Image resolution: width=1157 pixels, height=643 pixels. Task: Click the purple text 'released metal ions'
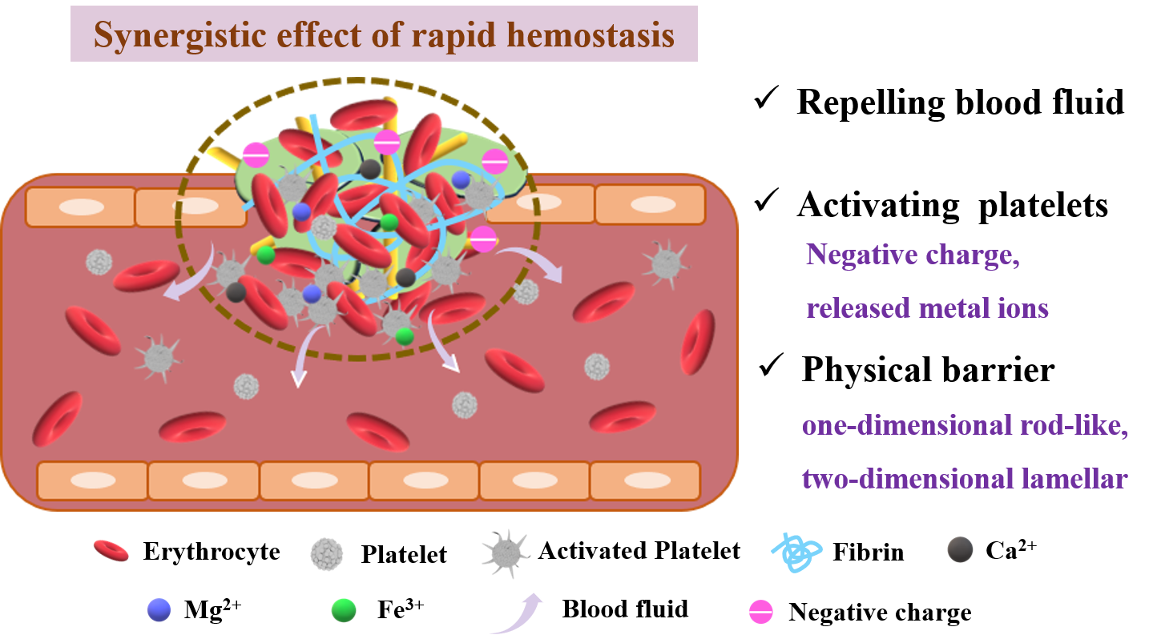pos(927,308)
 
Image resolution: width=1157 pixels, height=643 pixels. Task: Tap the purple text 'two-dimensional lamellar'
pos(965,478)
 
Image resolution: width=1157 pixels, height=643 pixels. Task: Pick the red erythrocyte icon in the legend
pos(111,551)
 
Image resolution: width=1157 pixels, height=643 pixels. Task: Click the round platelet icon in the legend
pos(326,554)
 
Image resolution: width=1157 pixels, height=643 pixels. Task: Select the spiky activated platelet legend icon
pos(506,553)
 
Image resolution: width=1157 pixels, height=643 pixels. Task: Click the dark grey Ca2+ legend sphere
pos(960,549)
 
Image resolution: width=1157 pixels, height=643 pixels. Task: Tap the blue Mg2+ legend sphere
pos(159,609)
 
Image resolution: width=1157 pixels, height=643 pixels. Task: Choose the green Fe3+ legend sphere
pos(344,610)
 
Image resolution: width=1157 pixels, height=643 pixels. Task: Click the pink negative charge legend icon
pos(761,613)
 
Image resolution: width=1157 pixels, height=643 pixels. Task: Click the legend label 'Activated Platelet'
pos(639,551)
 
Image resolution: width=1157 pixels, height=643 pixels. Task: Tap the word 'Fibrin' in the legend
pos(869,552)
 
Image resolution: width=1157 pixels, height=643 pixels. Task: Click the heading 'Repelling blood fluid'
pos(960,102)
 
